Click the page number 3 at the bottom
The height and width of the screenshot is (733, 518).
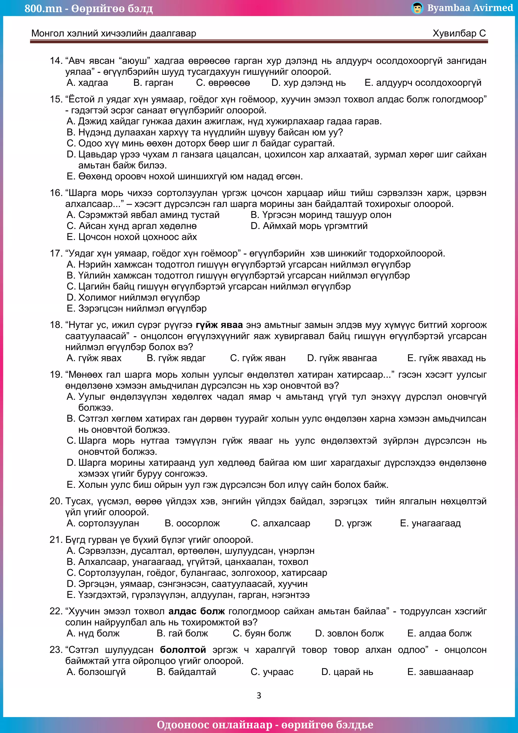click(259, 695)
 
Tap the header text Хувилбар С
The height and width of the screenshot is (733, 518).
click(459, 33)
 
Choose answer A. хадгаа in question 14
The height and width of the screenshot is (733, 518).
click(87, 83)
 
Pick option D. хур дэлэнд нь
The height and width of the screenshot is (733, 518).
click(308, 83)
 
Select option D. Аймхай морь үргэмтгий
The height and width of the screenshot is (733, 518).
click(309, 226)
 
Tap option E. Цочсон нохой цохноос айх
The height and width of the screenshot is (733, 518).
click(132, 237)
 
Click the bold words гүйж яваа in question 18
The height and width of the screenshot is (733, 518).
click(219, 325)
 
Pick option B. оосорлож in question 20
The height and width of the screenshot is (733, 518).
click(192, 523)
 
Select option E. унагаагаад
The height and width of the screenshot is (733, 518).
click(430, 523)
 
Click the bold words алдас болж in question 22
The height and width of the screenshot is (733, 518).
click(197, 611)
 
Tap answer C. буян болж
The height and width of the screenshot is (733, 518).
click(262, 633)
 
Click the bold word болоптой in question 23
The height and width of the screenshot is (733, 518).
click(183, 650)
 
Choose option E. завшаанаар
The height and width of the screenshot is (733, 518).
click(440, 672)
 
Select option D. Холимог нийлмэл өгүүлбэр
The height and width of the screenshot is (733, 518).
click(133, 297)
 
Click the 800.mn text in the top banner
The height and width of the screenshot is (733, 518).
click(43, 8)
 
